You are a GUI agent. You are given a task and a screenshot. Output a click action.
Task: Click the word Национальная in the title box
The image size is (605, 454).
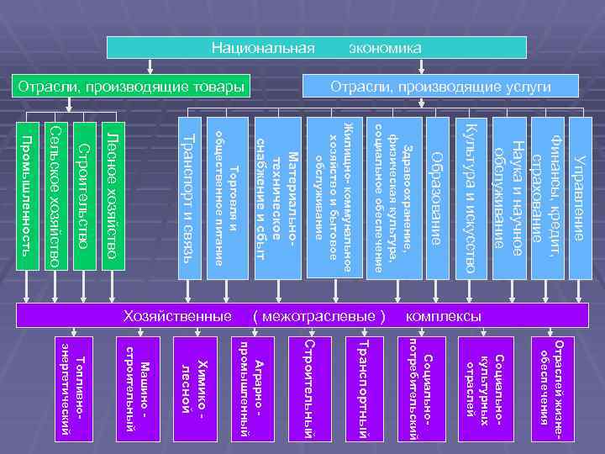pyautogui.click(x=263, y=48)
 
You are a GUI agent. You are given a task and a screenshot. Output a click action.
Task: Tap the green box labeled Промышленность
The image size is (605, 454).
pyautogui.click(x=29, y=195)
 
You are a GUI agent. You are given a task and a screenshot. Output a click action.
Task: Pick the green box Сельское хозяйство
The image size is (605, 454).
pyautogui.click(x=55, y=195)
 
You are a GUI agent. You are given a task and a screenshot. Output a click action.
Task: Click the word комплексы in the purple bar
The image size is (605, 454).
pyautogui.click(x=444, y=316)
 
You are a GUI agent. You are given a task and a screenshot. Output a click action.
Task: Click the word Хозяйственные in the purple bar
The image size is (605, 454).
pyautogui.click(x=176, y=316)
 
